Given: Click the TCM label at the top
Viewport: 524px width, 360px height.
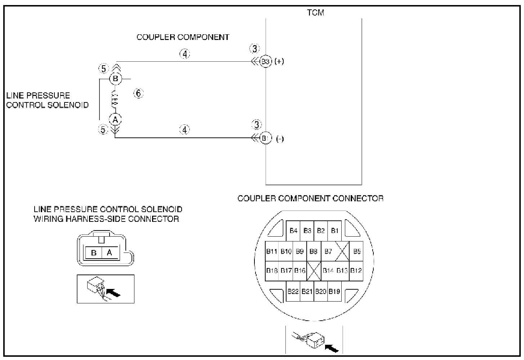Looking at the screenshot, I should [x=315, y=13].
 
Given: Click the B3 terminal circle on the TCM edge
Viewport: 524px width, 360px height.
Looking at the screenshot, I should [x=265, y=61].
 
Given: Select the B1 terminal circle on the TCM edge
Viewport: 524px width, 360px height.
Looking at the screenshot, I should [x=265, y=138].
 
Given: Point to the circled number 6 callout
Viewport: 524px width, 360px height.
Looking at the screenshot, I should [x=138, y=93].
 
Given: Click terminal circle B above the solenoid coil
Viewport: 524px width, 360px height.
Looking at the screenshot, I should [x=115, y=79].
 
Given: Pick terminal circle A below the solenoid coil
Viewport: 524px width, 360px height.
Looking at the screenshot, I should [x=115, y=119].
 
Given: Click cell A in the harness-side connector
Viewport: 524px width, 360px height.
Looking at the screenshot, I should [x=110, y=253].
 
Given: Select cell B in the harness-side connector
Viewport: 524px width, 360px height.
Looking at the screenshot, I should [x=94, y=253].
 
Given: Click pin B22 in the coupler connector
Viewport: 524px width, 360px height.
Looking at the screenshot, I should [x=293, y=291].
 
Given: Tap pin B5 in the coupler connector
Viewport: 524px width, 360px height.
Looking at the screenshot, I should [x=357, y=251].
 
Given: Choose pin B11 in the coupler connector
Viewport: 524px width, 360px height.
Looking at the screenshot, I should [x=272, y=251].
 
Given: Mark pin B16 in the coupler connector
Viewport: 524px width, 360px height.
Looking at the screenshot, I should [x=300, y=271].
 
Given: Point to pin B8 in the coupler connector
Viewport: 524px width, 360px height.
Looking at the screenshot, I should [x=313, y=251].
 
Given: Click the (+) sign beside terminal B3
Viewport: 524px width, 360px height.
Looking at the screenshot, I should [x=279, y=62].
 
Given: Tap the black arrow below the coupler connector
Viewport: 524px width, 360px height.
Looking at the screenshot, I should [x=332, y=348].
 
